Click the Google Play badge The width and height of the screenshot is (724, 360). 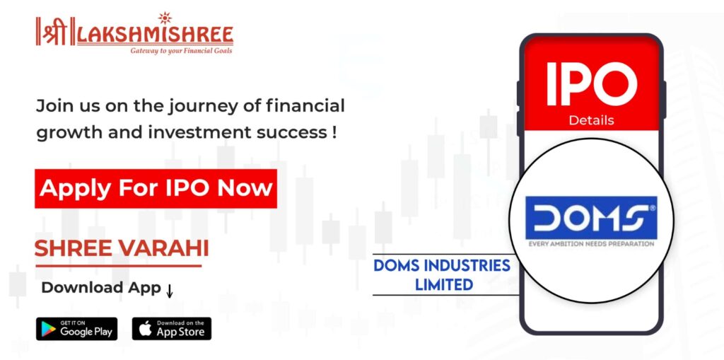point(76,329)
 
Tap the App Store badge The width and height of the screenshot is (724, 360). point(172,329)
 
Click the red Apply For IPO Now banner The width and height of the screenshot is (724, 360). point(156,189)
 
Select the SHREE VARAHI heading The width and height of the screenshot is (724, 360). point(122,249)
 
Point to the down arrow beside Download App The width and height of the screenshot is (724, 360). point(170,290)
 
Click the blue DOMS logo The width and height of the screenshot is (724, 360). point(591,218)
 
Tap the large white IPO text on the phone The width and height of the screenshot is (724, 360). point(592,84)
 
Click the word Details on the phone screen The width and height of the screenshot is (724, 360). point(591,120)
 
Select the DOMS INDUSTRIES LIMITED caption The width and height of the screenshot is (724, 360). point(442,275)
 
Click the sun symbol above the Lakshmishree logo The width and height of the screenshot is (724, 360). point(164,18)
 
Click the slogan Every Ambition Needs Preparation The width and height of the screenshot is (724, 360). point(592,243)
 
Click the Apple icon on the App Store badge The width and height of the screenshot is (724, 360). point(145,329)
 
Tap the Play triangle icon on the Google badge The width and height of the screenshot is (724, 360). point(47,329)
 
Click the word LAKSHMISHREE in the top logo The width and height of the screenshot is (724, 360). point(155,36)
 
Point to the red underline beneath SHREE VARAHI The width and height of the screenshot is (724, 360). point(118,266)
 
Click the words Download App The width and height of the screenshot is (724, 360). point(101,287)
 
